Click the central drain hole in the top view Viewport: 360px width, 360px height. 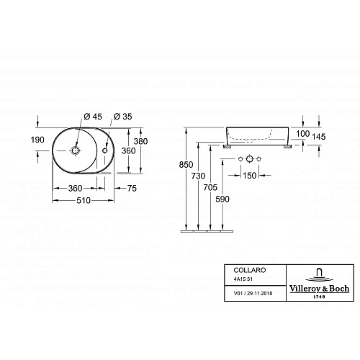tap(76, 151)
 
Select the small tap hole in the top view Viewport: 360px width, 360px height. tap(106, 151)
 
